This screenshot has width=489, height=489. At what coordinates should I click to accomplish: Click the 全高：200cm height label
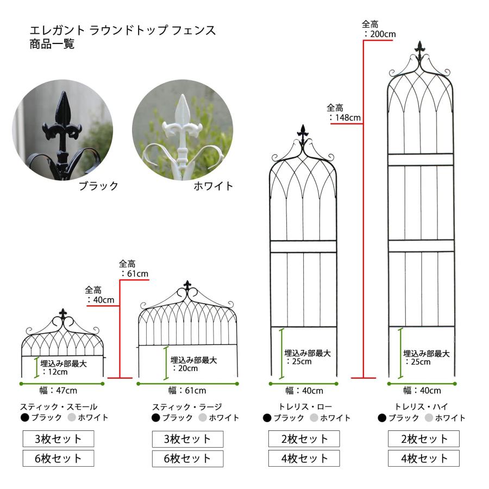[x=379, y=29]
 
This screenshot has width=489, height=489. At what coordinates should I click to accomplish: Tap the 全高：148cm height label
[x=344, y=112]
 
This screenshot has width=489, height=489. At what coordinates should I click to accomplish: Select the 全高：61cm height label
[x=134, y=269]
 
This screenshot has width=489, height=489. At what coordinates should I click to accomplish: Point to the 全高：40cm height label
[x=100, y=295]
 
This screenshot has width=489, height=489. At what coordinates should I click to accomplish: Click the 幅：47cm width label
[x=58, y=390]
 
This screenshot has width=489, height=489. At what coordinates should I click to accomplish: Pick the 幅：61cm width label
[x=187, y=390]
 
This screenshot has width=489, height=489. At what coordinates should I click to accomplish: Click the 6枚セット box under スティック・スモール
[x=58, y=458]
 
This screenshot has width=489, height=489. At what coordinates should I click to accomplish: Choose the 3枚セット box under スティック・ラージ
[x=188, y=439]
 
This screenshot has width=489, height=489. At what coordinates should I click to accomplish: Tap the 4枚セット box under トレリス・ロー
[x=304, y=459]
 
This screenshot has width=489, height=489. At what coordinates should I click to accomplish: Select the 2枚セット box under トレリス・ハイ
[x=424, y=439]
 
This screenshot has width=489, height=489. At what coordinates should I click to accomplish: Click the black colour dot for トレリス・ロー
[x=267, y=418]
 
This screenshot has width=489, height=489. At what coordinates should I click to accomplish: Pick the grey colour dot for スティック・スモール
[x=72, y=417]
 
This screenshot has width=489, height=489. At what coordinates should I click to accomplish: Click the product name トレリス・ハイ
[x=421, y=406]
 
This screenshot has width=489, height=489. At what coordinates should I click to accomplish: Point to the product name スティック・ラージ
[x=187, y=406]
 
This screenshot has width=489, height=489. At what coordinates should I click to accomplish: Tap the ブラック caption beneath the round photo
[x=98, y=186]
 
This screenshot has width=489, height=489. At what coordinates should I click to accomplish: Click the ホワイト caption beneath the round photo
[x=214, y=186]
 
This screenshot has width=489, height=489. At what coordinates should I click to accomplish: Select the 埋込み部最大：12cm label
[x=64, y=367]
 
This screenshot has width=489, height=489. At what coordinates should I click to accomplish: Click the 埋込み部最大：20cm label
[x=193, y=364]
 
